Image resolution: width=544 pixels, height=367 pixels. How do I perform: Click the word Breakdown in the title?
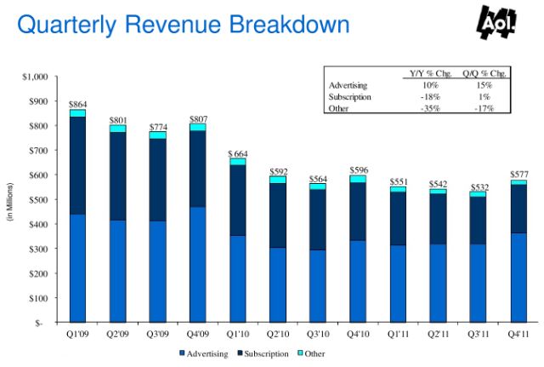(x=282, y=24)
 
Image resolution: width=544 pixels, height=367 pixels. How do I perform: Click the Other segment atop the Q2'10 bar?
(x=276, y=180)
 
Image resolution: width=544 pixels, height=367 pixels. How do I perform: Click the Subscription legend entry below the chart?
(x=264, y=353)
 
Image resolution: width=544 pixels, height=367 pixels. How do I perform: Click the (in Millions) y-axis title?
(x=11, y=201)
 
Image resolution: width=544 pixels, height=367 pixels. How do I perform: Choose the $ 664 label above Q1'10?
(x=237, y=152)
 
